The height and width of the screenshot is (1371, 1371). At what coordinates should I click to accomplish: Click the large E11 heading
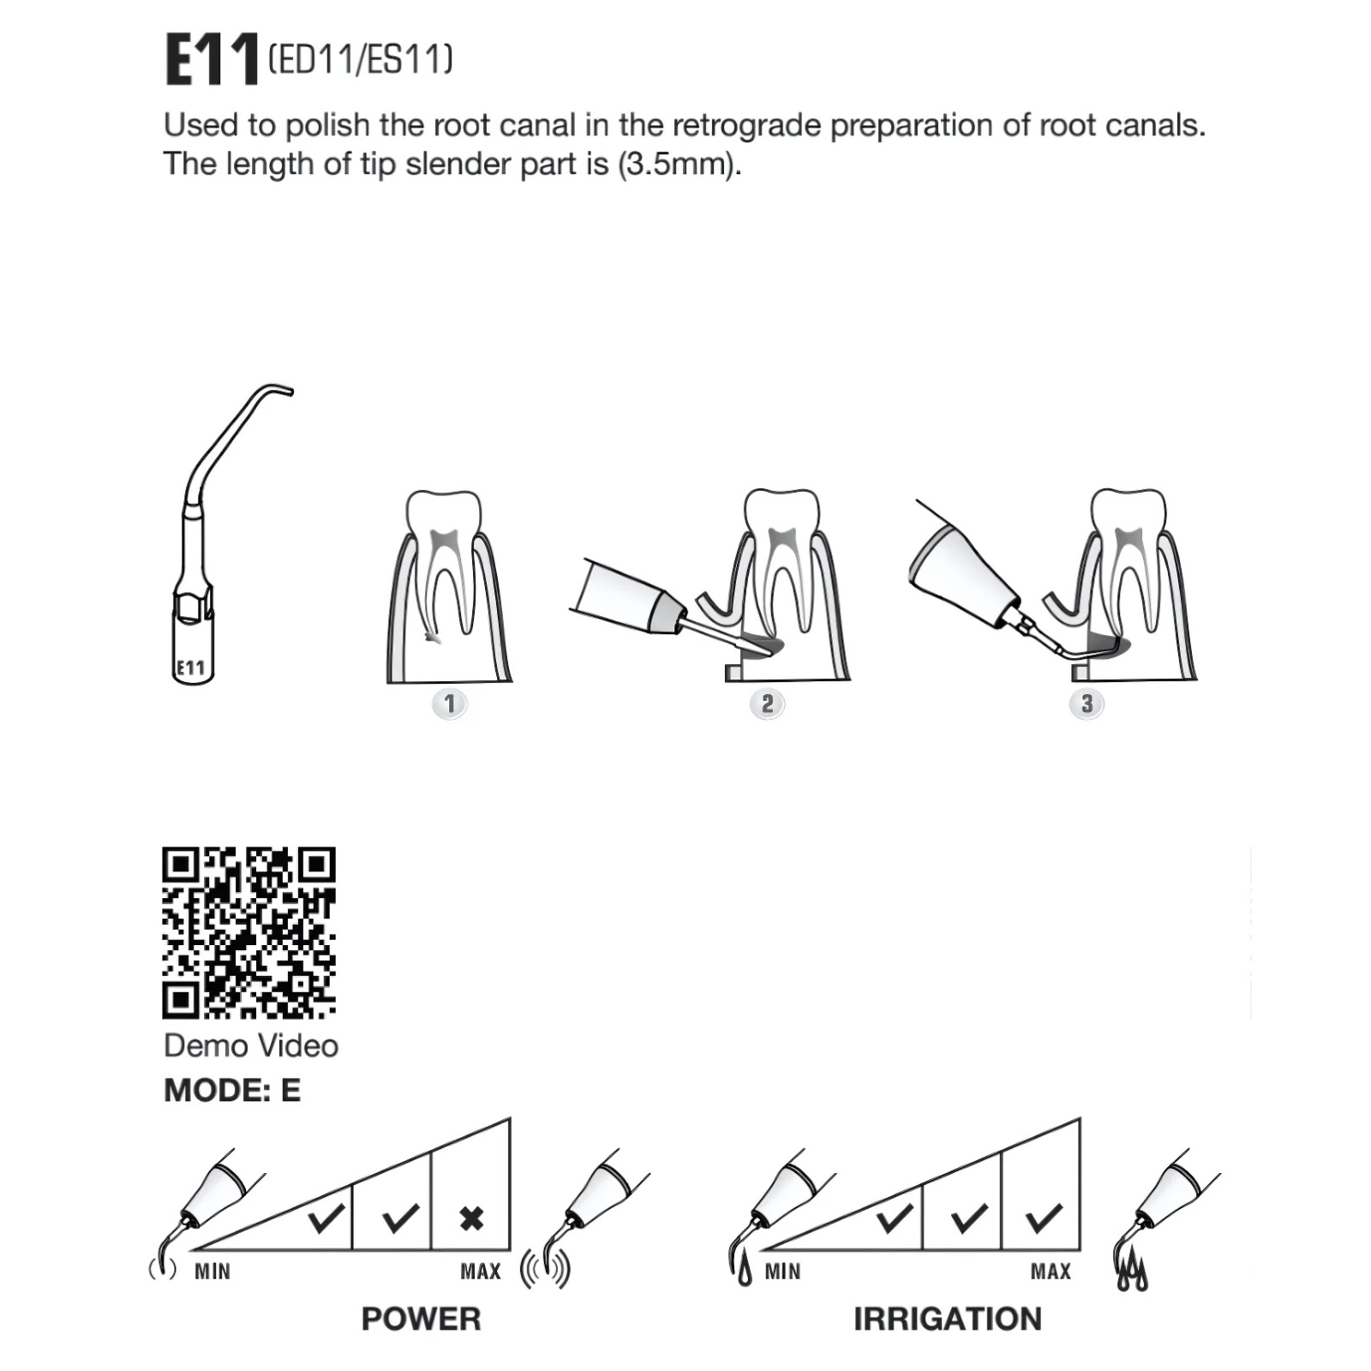[x=211, y=59]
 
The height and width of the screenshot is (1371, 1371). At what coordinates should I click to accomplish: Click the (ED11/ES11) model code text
[x=360, y=59]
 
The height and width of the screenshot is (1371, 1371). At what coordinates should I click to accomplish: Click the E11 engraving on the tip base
[x=190, y=668]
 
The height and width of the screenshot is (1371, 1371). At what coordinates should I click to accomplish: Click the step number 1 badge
[x=449, y=704]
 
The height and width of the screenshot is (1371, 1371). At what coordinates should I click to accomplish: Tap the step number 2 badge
[x=767, y=704]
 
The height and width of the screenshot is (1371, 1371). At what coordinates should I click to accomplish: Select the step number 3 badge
[x=1087, y=704]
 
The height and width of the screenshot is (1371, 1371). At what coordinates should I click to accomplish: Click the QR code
[x=248, y=933]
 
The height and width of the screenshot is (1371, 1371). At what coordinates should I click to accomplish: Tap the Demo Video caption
[x=251, y=1045]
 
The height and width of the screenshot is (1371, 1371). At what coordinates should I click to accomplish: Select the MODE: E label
[x=232, y=1090]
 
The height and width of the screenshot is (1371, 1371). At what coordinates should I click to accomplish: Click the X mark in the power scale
[x=471, y=1218]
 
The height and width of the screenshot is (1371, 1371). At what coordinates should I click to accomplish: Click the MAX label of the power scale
[x=481, y=1272]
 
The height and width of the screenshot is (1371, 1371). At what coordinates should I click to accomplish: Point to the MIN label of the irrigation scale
[x=782, y=1272]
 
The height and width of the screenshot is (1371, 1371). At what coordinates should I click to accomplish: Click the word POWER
[x=421, y=1319]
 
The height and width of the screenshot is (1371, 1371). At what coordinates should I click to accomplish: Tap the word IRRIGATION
[x=948, y=1319]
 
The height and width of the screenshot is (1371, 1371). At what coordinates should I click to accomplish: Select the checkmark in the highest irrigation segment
[x=1044, y=1218]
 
